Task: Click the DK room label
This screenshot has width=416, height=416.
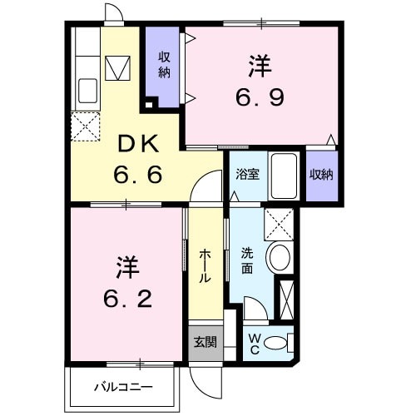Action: click(139, 144)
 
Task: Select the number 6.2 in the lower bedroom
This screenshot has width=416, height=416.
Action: click(127, 300)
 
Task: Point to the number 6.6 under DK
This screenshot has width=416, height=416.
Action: click(138, 175)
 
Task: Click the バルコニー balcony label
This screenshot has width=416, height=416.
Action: click(124, 387)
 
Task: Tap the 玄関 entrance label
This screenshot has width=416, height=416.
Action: click(206, 342)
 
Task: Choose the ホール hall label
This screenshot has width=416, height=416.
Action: click(206, 266)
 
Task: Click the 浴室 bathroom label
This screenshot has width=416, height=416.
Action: click(248, 175)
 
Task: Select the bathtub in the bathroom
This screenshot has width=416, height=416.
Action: click(284, 176)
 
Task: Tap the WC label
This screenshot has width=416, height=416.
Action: click(255, 344)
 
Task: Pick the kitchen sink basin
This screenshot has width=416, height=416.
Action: click(87, 91)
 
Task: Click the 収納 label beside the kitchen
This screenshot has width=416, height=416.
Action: click(164, 65)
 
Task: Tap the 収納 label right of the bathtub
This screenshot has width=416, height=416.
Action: click(321, 175)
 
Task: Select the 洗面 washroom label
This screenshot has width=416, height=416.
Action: click(247, 260)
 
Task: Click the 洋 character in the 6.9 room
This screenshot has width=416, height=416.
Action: click(260, 67)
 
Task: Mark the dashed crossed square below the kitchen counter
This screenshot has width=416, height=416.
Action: click(85, 126)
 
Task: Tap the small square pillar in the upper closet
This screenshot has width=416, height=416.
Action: click(149, 105)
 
